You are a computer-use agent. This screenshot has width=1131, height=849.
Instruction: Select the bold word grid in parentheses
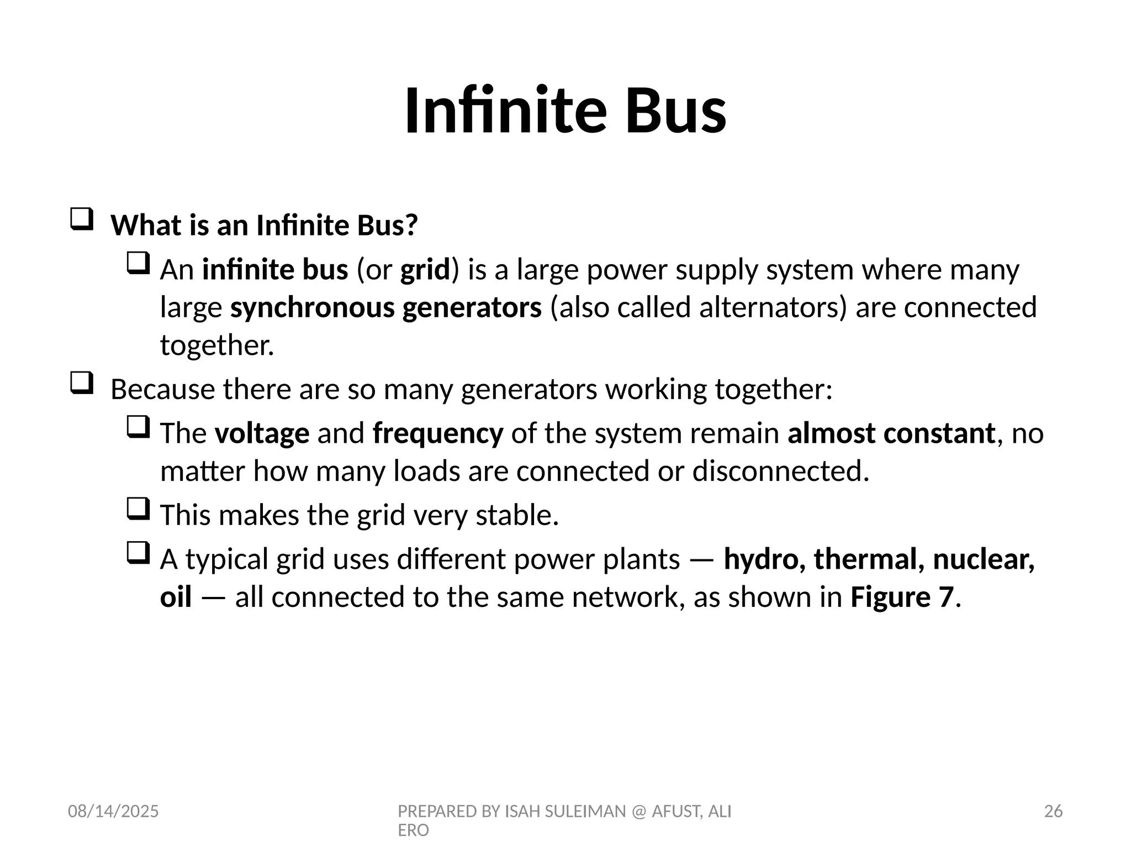425,270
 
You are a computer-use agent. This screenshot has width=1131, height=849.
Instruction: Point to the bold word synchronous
313,308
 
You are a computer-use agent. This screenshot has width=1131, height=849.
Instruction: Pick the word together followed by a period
216,345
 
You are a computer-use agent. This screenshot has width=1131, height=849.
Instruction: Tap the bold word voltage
262,433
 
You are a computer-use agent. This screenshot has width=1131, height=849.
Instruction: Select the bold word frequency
438,433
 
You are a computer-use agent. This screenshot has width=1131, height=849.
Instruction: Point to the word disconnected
780,471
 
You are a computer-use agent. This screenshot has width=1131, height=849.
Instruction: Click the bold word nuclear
984,559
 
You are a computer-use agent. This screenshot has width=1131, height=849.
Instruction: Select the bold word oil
176,598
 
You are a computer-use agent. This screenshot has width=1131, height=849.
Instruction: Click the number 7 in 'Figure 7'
946,598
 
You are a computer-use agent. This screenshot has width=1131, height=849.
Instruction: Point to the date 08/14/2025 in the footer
113,811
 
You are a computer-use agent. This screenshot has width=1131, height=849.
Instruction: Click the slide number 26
1053,811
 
